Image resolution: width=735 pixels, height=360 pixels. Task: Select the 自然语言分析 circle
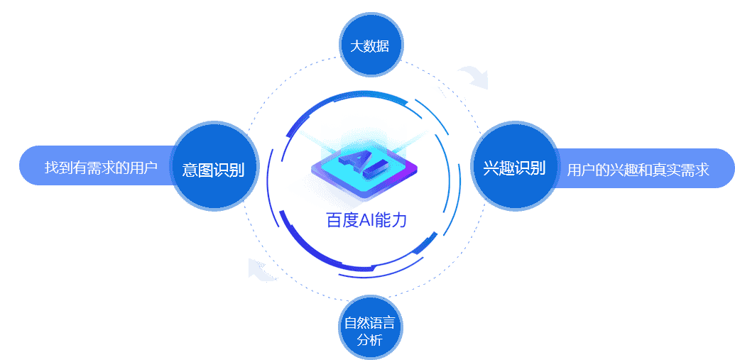point(369,328)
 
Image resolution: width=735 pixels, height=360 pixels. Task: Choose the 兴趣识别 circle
point(514,167)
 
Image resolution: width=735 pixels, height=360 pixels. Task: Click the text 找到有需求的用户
point(101,168)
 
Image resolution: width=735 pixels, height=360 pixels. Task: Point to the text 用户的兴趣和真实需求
point(638,170)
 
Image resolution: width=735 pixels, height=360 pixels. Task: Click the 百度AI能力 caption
point(366,220)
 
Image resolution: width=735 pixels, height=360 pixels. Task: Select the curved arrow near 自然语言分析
point(261,269)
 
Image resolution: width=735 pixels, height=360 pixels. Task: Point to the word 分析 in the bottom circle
point(369,340)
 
